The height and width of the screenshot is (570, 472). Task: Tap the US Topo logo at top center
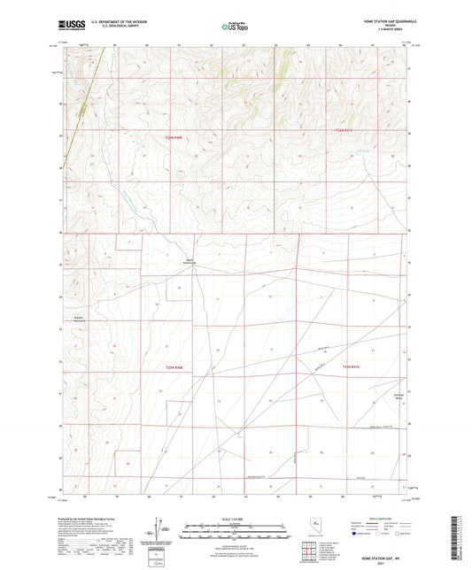pyautogui.click(x=234, y=27)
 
